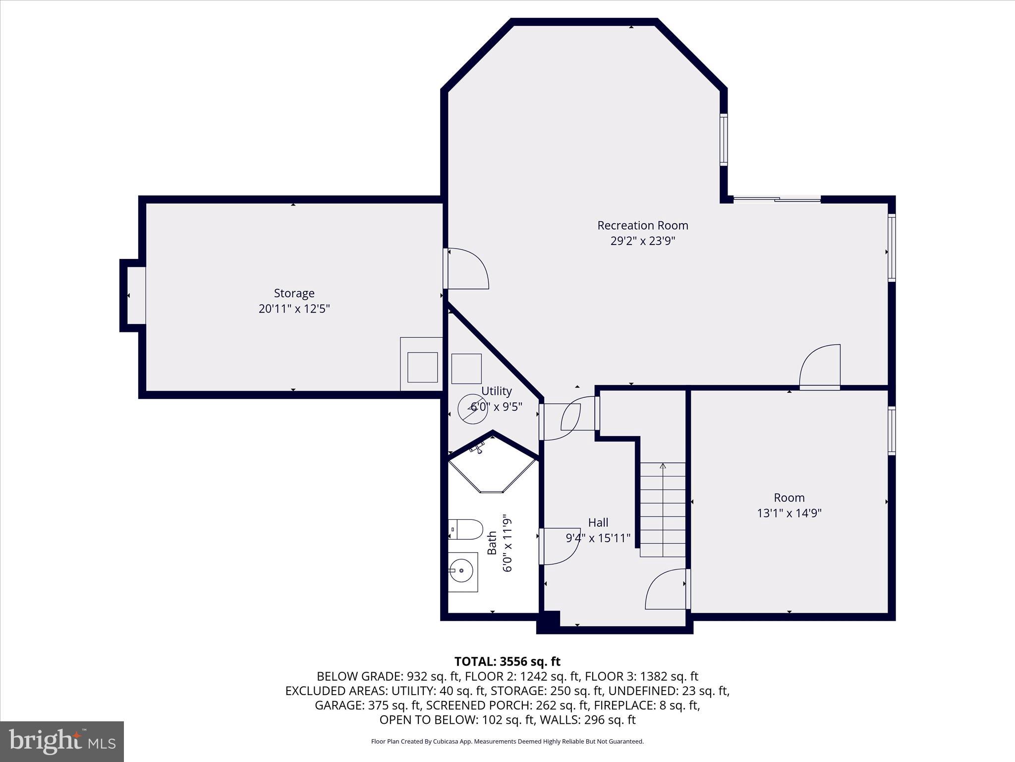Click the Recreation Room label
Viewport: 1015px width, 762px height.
coord(642,225)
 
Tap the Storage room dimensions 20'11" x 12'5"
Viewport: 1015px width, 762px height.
coord(294,309)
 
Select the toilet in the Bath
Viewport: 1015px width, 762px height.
coord(465,529)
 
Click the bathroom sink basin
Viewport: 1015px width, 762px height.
coord(462,571)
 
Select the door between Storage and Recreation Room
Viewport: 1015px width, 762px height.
coord(466,268)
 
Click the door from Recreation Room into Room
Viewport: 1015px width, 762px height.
coord(820,367)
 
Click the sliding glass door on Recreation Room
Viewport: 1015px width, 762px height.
coord(777,199)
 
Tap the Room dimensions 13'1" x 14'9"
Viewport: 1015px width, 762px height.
coord(789,513)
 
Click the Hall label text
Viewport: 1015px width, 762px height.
coord(598,522)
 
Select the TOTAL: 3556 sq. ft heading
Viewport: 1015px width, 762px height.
coord(507,661)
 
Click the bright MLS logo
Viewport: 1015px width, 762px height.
coord(62,742)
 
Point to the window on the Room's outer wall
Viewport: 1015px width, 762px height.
coord(891,431)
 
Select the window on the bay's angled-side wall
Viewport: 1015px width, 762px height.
coord(724,139)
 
